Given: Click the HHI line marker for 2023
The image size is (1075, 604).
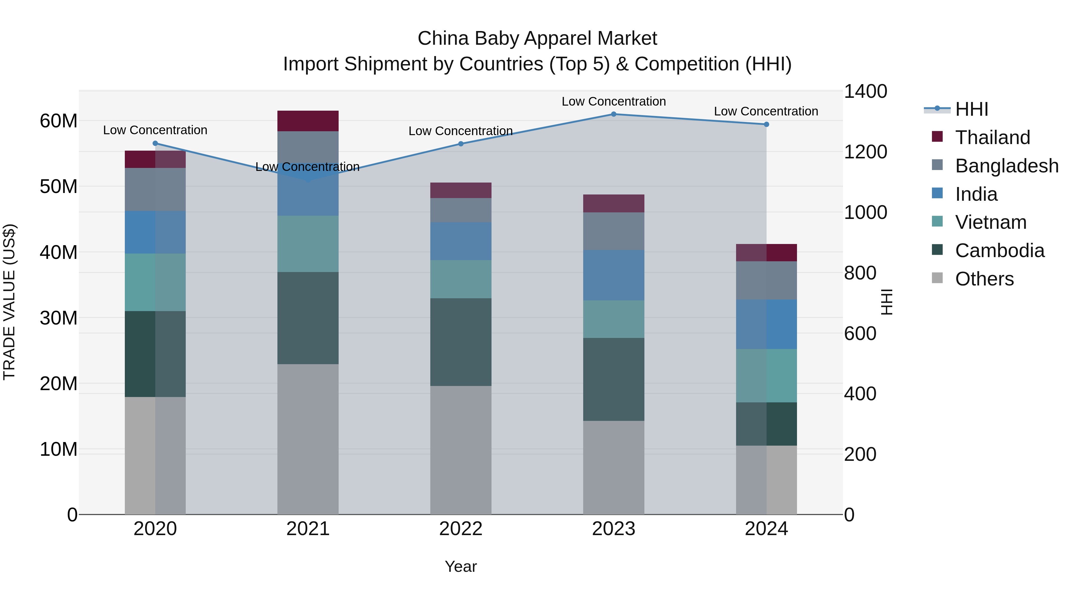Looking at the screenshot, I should (x=613, y=114).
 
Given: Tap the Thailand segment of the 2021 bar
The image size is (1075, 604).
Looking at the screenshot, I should (x=308, y=121).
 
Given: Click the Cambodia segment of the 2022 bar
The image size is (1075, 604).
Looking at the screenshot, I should (x=461, y=342).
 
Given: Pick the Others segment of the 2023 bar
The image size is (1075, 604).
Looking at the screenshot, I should (x=613, y=467).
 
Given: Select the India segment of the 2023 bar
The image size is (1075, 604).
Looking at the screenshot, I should (x=613, y=275).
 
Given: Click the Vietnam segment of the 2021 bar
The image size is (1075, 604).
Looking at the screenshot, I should (x=308, y=244).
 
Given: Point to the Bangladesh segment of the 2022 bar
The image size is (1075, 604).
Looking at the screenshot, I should (x=461, y=210).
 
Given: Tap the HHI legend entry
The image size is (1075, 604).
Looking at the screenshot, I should (x=971, y=109).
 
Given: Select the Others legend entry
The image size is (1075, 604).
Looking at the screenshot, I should (x=984, y=279).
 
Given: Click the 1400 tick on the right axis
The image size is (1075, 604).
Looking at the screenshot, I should (x=865, y=91).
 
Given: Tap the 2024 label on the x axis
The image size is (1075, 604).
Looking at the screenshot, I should (x=766, y=529).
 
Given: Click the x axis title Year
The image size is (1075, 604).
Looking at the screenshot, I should (x=461, y=566).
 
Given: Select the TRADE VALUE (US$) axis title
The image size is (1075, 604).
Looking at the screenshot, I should (x=9, y=302).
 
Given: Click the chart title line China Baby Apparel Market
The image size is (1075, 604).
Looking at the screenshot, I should (x=537, y=38).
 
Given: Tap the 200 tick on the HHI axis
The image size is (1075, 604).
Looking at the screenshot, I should (x=860, y=454).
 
